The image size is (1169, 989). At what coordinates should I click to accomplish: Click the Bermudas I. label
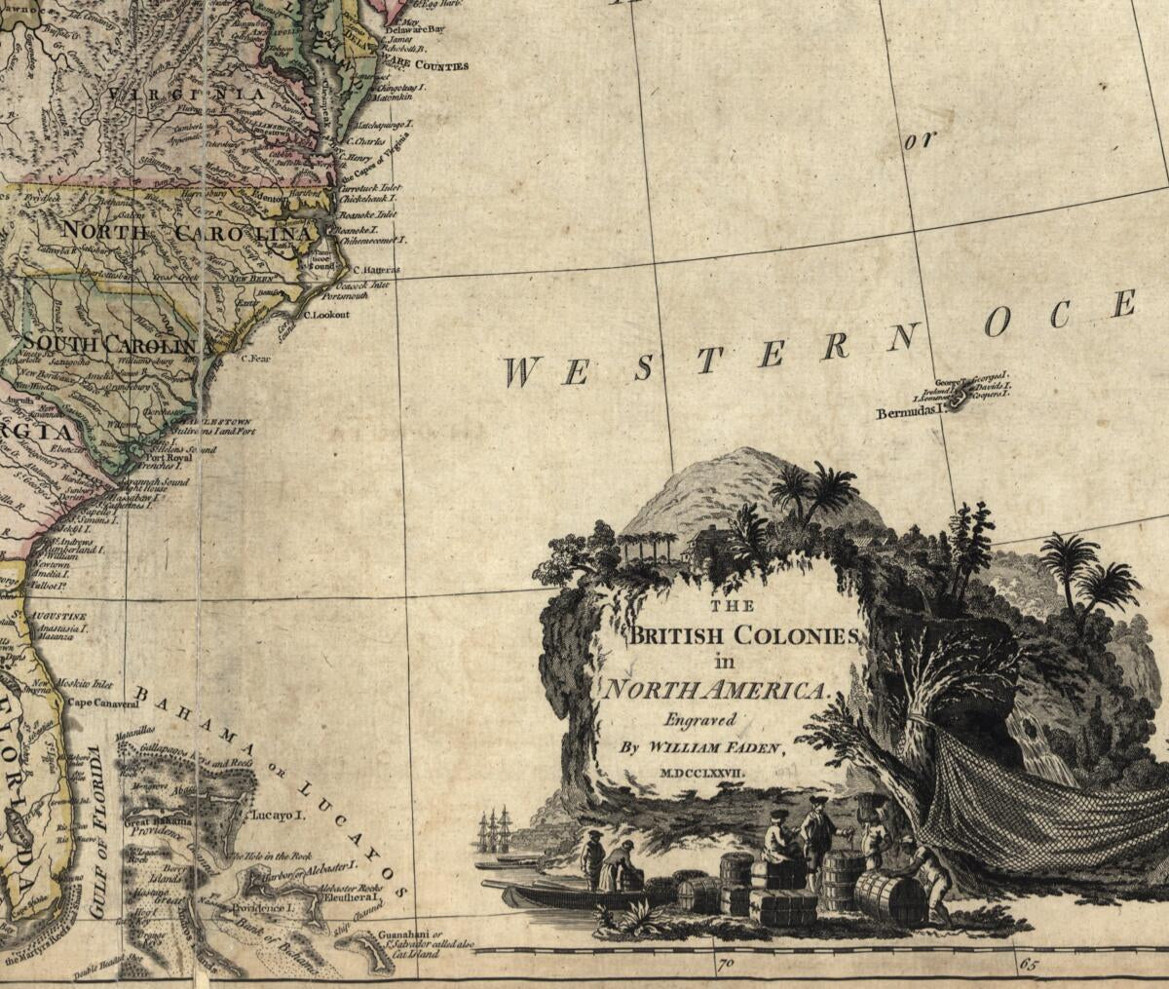tap(912, 412)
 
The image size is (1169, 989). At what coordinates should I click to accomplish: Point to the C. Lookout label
tap(326, 315)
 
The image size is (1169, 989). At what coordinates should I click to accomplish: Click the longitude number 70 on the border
tap(725, 968)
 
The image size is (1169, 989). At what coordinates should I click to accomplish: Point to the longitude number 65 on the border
tap(1027, 968)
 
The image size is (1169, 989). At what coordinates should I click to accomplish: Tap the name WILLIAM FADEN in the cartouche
tap(728, 747)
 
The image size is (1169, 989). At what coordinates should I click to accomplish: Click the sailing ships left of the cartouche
tap(495, 833)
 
